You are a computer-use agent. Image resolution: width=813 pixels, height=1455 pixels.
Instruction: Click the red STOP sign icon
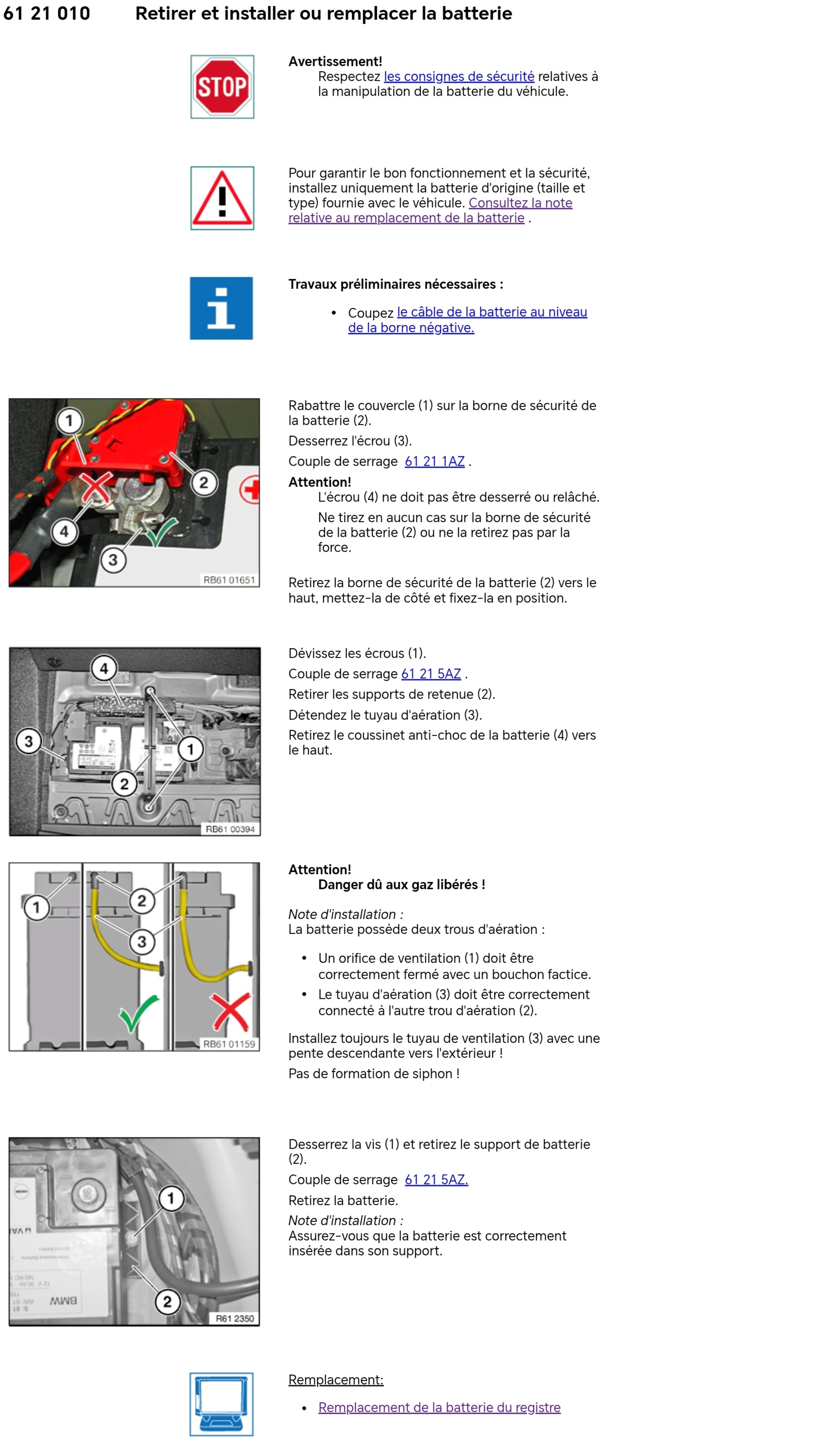coord(222,87)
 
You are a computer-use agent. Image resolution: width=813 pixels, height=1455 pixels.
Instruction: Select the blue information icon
coord(221,308)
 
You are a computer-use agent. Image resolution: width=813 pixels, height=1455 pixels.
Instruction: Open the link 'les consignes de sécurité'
coord(459,77)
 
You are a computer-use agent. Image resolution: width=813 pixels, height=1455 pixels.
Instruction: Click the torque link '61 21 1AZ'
coord(434,462)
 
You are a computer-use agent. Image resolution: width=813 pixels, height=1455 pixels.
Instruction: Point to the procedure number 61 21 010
coord(47,14)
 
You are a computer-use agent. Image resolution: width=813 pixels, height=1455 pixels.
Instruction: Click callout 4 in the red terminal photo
coord(64,531)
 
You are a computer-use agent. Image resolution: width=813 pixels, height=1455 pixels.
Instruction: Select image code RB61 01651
coord(229,580)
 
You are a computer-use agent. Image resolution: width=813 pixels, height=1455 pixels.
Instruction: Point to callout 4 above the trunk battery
coord(104,669)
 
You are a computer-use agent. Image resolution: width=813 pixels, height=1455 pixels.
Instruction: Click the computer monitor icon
coord(221,1403)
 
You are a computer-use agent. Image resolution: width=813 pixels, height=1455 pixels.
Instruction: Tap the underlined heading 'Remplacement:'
coord(336,1379)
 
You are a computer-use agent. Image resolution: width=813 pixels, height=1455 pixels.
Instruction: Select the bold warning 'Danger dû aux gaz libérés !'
coord(401,884)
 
